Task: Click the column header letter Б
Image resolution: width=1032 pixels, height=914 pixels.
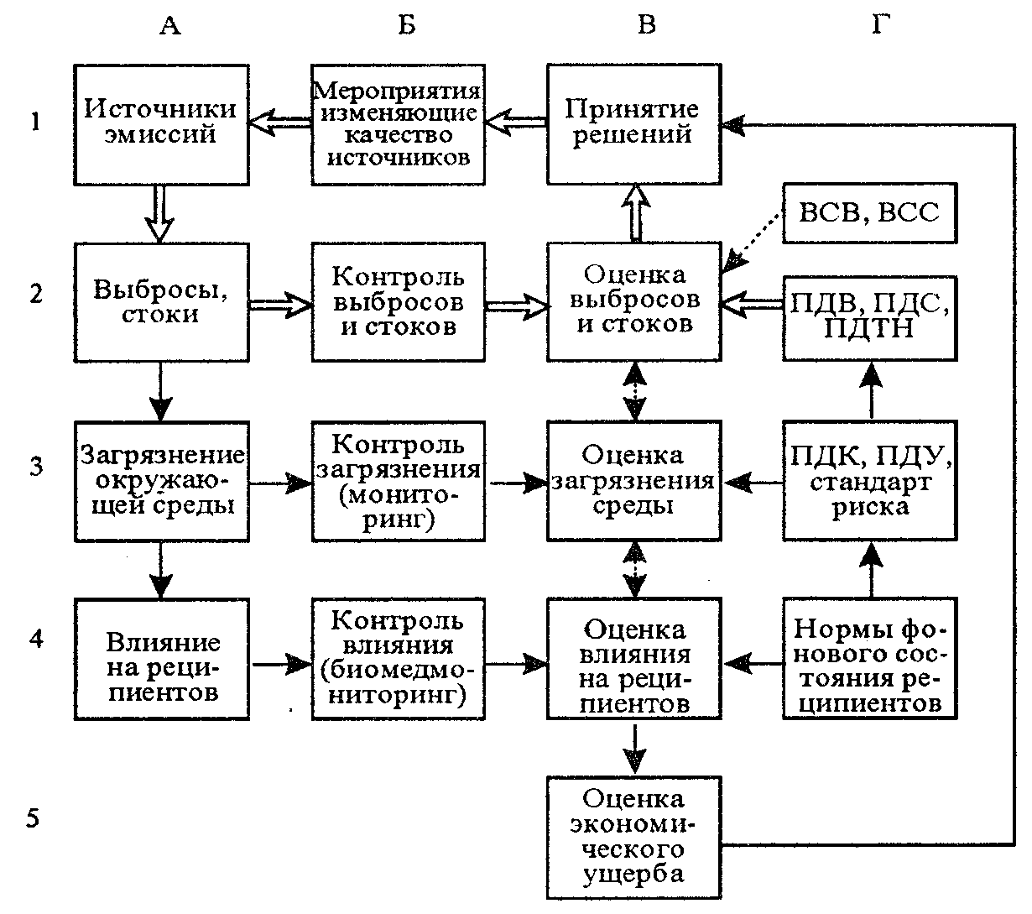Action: click(x=406, y=24)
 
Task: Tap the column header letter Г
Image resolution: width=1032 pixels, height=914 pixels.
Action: click(x=881, y=24)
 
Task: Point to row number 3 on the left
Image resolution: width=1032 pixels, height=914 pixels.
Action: click(x=35, y=466)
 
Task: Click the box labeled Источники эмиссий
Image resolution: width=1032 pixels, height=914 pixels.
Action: click(x=161, y=125)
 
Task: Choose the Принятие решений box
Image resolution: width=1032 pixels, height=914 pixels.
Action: click(x=634, y=124)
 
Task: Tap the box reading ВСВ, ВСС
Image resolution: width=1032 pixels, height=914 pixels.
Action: click(x=869, y=213)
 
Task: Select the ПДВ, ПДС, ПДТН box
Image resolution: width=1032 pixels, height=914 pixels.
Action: click(x=869, y=318)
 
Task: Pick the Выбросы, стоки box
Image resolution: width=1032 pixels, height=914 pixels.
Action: click(x=161, y=303)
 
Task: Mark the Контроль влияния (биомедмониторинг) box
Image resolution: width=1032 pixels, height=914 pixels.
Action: click(x=399, y=659)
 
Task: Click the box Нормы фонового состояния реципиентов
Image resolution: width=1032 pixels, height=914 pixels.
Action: click(x=869, y=658)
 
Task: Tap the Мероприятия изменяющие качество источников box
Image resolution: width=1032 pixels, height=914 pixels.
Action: click(x=399, y=125)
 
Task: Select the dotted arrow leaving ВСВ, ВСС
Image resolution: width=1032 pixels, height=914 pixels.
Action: click(x=753, y=241)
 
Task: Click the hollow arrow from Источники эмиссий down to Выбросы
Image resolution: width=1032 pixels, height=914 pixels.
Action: click(x=160, y=213)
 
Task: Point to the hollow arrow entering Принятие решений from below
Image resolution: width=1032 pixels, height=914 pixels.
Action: click(x=636, y=213)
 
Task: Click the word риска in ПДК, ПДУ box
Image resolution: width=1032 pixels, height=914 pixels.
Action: click(x=870, y=507)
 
